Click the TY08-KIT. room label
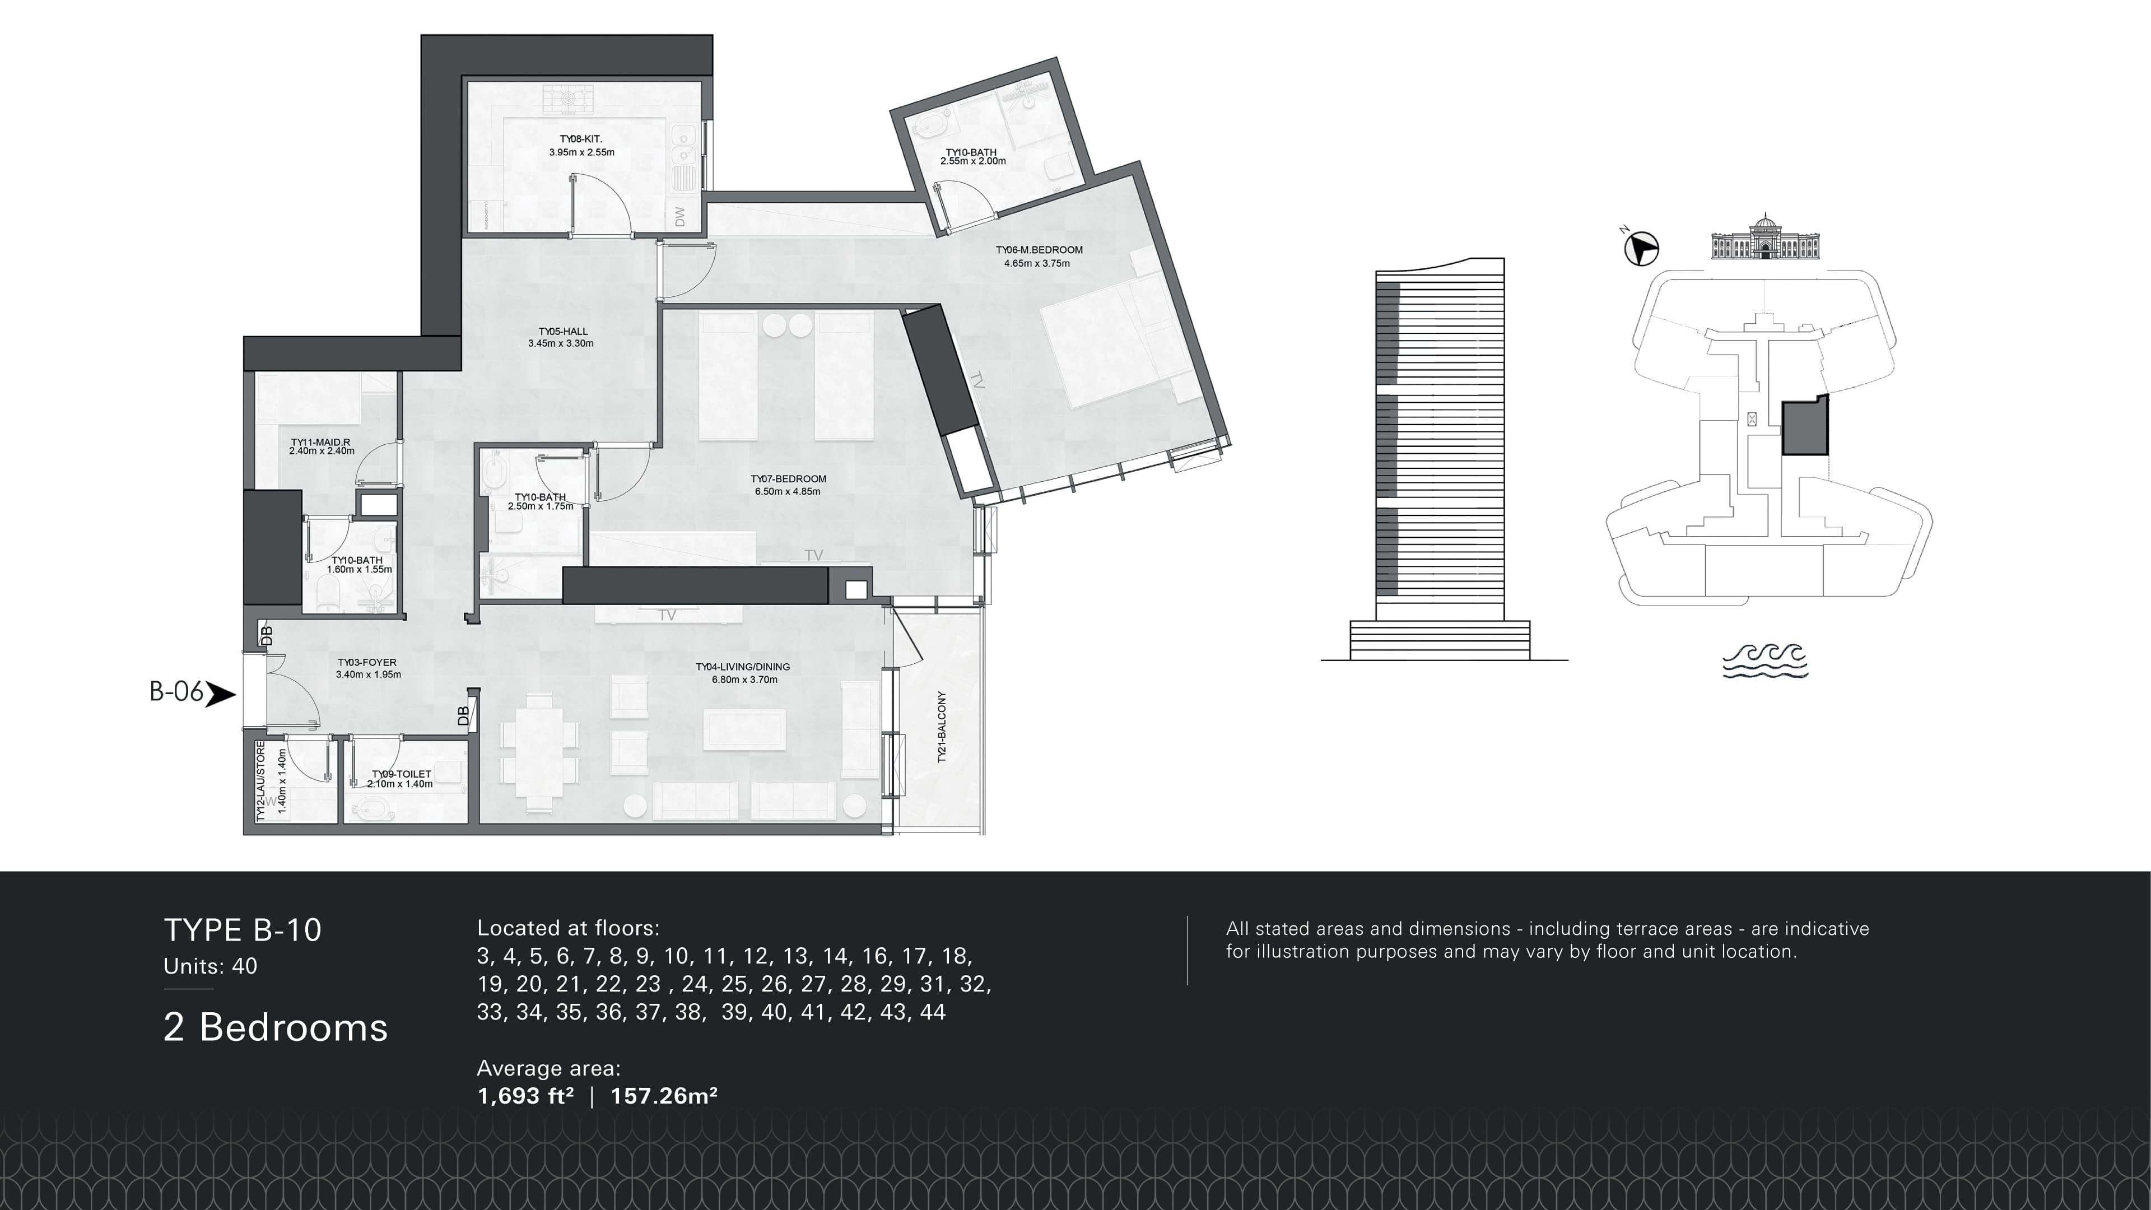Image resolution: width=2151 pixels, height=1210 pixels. point(581,139)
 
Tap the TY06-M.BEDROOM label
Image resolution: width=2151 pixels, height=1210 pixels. point(1038,250)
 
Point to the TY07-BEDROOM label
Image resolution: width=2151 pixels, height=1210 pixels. point(788,480)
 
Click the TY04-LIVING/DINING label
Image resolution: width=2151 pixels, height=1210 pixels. point(742,667)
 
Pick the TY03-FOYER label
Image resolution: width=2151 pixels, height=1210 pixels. point(367,663)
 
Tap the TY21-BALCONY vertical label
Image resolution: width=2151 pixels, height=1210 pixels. point(942,727)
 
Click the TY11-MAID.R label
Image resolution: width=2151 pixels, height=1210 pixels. point(320,443)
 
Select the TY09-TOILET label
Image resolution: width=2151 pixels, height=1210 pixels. point(401,774)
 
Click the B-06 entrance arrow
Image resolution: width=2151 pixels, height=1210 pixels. point(220,694)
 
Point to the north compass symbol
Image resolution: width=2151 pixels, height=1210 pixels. point(1641,249)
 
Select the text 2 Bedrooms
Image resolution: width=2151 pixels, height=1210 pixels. point(276,1027)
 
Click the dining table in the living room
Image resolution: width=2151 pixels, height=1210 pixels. point(538,752)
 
